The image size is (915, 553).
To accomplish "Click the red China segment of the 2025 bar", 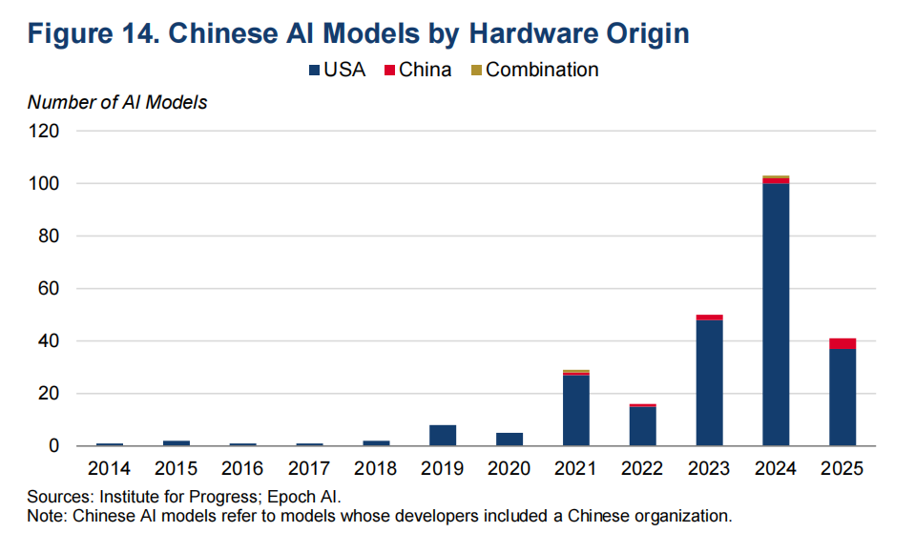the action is click(x=842, y=343).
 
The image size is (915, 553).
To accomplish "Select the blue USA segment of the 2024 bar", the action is click(x=776, y=315).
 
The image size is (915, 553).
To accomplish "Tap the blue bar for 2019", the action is click(x=443, y=435).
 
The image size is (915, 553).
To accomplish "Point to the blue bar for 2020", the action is click(x=509, y=440).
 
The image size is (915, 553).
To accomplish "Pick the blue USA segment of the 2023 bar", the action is click(x=709, y=382).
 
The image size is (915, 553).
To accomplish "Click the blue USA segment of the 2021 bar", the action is click(x=576, y=411).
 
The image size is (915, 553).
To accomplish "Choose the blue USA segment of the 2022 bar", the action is click(x=642, y=426).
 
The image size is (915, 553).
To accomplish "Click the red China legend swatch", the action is click(x=390, y=70).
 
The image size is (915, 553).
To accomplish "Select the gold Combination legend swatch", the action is click(x=476, y=70).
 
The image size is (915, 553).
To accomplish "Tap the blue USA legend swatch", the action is click(x=315, y=70).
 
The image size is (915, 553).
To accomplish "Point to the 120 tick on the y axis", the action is click(x=44, y=132).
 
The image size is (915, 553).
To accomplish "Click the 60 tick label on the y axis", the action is click(x=49, y=288).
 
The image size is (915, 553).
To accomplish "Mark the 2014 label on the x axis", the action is click(x=109, y=468).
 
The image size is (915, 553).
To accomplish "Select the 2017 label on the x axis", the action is click(x=309, y=468).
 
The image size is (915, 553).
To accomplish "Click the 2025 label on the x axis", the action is click(x=842, y=468).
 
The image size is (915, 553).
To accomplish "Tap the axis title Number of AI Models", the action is click(x=117, y=103).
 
